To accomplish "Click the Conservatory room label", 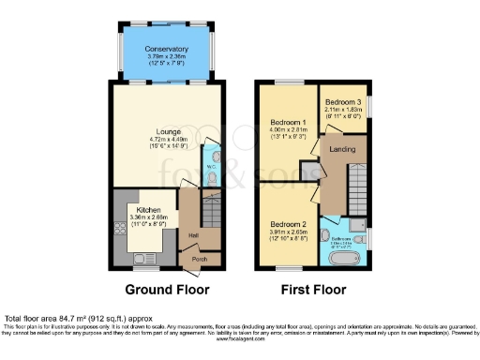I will click(x=168, y=49).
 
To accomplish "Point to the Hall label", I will click(x=192, y=234).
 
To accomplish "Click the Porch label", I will click(x=198, y=259).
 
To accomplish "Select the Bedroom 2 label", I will click(x=289, y=225).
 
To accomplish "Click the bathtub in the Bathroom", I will click(x=344, y=254).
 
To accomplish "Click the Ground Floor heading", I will click(x=169, y=290).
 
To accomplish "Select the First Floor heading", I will click(x=314, y=290).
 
